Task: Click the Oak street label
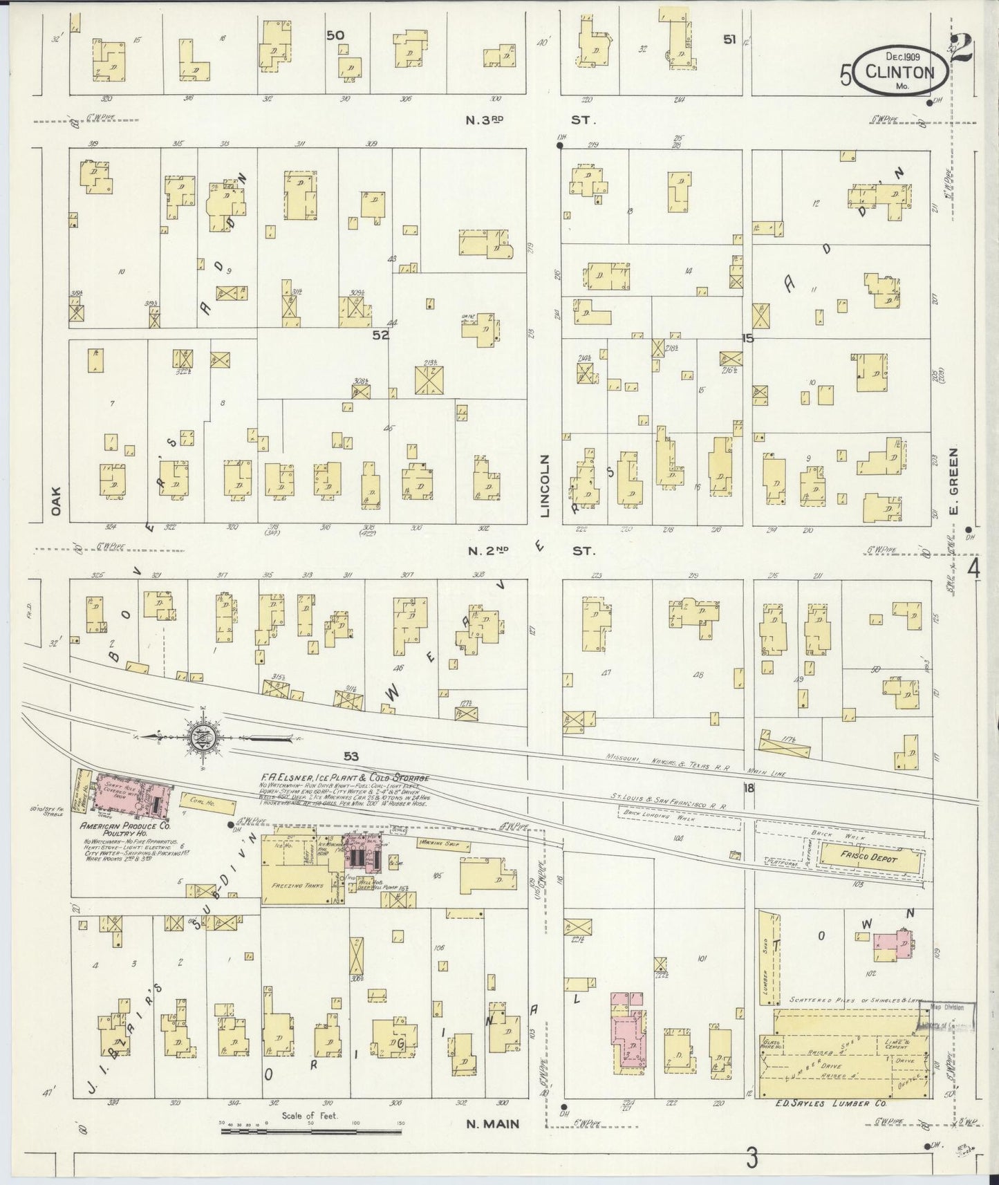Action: pyautogui.click(x=55, y=501)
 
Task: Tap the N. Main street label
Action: pyautogui.click(x=492, y=1123)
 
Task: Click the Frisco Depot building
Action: pyautogui.click(x=869, y=859)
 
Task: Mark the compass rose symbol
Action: pyautogui.click(x=203, y=738)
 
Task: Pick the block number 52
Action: pyautogui.click(x=380, y=335)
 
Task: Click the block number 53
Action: pyautogui.click(x=351, y=756)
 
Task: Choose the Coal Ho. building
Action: pyautogui.click(x=208, y=804)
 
